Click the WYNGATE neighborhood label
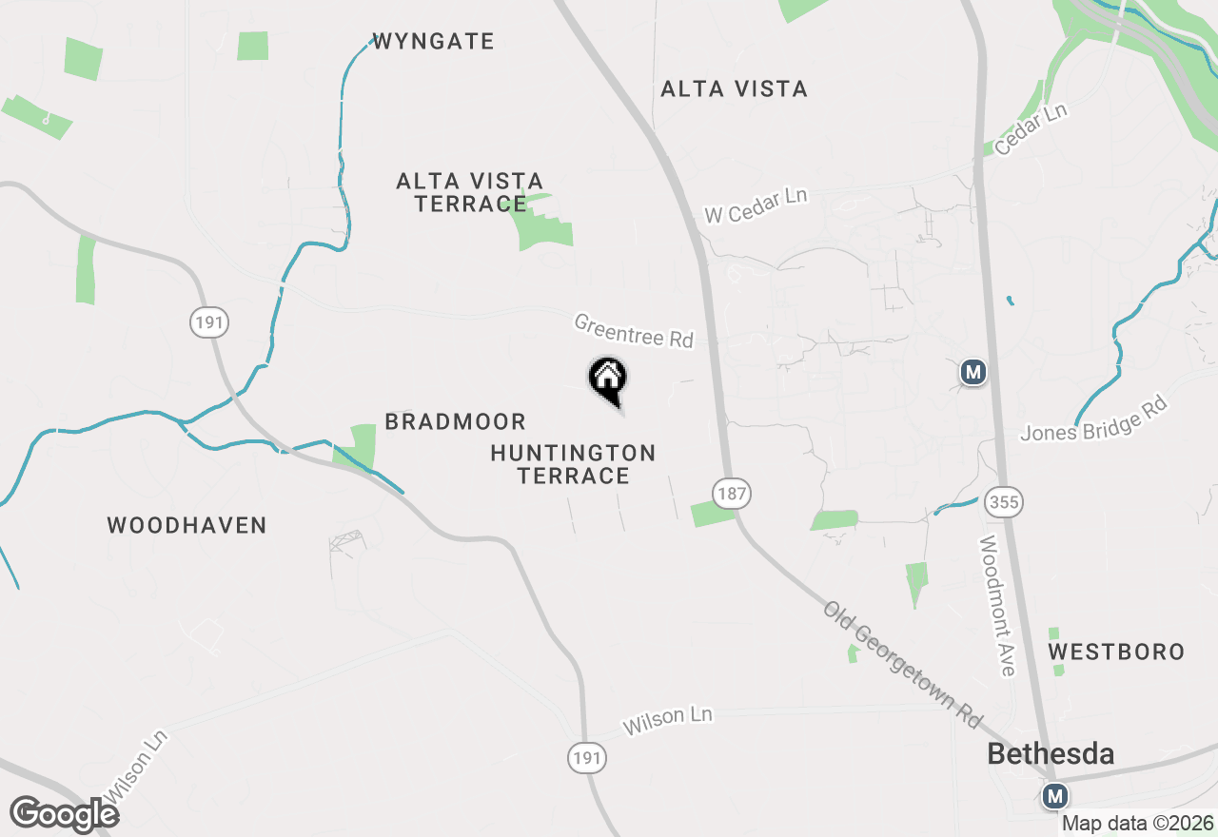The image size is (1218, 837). [434, 41]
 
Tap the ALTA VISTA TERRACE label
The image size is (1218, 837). [470, 192]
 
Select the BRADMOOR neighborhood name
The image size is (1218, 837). [455, 421]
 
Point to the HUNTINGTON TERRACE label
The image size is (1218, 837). [573, 464]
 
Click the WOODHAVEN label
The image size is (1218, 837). [187, 525]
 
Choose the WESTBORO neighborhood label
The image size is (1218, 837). [1116, 652]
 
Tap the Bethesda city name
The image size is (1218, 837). [1051, 754]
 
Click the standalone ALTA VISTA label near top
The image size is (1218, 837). [734, 88]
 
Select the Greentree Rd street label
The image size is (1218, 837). [634, 331]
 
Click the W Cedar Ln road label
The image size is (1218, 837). [756, 205]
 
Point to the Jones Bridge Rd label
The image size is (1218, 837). [1093, 419]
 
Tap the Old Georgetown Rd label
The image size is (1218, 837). [902, 664]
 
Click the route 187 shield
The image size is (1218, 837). [732, 493]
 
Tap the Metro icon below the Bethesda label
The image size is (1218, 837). [1054, 796]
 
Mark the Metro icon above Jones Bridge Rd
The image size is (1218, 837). [972, 372]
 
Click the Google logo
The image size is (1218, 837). [64, 815]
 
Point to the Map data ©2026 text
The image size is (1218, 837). [1138, 823]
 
